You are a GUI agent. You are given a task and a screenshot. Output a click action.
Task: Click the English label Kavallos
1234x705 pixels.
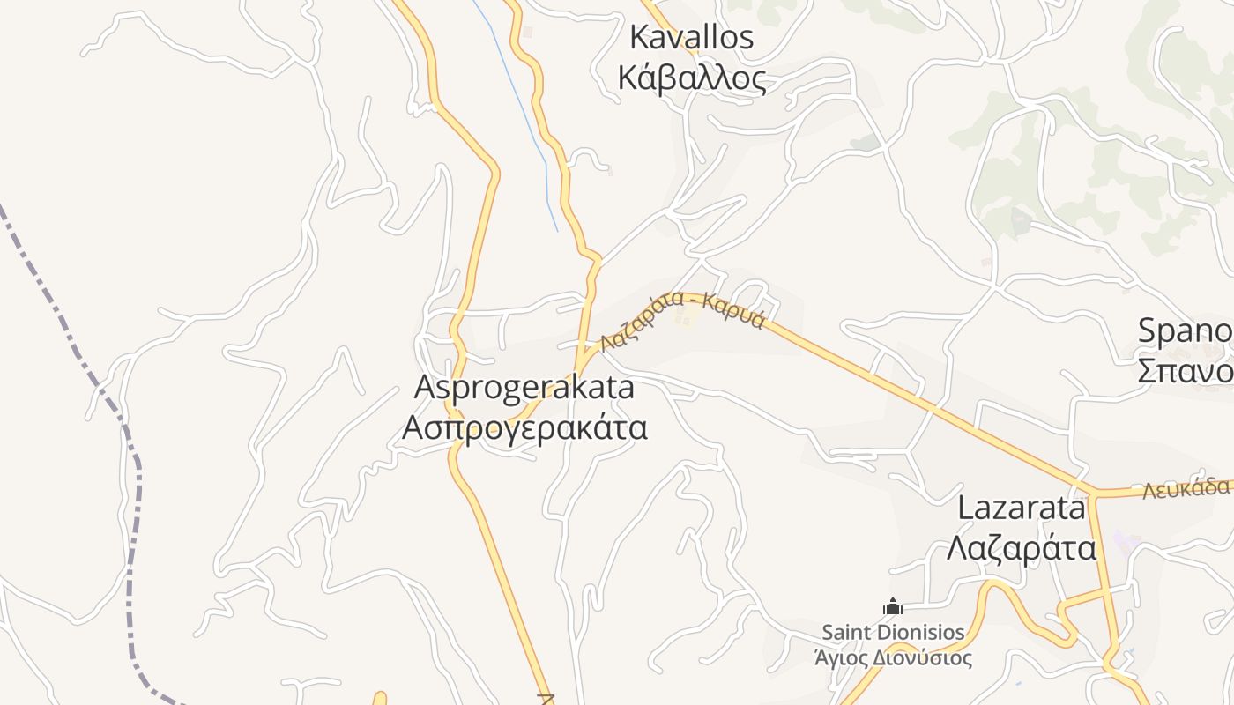point(692,38)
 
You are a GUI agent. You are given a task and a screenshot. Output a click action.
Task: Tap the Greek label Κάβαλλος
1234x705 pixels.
point(692,78)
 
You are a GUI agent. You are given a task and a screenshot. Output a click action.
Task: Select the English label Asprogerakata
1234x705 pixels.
point(524,387)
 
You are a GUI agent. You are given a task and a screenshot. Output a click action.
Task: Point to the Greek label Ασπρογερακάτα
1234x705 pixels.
point(524,427)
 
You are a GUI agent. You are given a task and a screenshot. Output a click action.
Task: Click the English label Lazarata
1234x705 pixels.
point(1022,508)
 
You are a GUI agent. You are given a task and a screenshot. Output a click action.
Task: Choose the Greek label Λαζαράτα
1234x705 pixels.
point(1022,548)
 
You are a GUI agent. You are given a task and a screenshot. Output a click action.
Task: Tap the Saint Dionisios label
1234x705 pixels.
point(893,632)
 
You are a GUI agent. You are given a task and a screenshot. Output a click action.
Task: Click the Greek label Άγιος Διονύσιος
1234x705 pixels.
point(893,657)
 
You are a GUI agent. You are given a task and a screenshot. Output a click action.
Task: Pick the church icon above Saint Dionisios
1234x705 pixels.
point(893,607)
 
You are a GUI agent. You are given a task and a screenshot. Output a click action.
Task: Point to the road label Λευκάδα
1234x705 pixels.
point(1186,488)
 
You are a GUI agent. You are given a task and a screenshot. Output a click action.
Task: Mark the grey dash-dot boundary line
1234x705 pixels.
point(132,529)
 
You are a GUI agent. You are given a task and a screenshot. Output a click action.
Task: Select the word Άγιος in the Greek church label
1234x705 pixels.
point(842,657)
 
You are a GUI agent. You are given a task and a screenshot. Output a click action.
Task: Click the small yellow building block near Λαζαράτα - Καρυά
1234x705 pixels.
point(684,315)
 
